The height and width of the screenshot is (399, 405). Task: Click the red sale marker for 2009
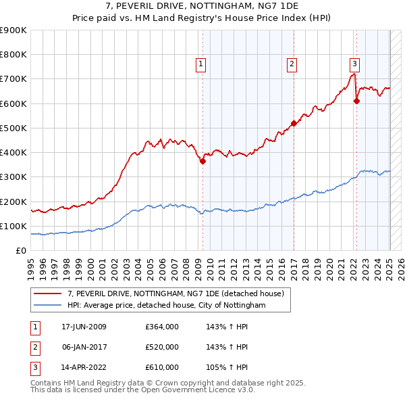pyautogui.click(x=202, y=161)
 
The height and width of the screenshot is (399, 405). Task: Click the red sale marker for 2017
pyautogui.click(x=294, y=123)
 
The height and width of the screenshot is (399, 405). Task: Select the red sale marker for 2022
pyautogui.click(x=356, y=101)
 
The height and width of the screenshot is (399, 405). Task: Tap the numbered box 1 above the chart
pyautogui.click(x=201, y=64)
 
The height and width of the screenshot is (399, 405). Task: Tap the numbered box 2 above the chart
pyautogui.click(x=292, y=64)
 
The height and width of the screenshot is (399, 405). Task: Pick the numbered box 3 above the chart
pyautogui.click(x=354, y=64)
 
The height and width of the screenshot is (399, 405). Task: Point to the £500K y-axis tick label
pyautogui.click(x=13, y=128)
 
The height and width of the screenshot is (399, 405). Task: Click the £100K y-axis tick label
pyautogui.click(x=13, y=226)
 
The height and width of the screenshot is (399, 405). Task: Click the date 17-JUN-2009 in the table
pyautogui.click(x=84, y=327)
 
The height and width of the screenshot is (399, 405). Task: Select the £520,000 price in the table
pyautogui.click(x=162, y=347)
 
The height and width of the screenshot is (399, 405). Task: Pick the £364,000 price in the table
pyautogui.click(x=162, y=327)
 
